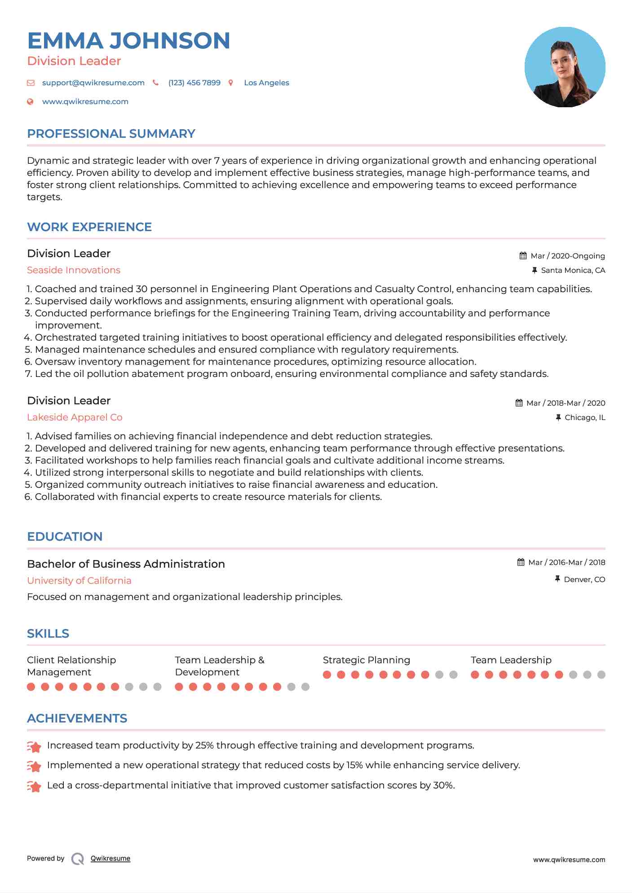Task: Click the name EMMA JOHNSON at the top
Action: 128,40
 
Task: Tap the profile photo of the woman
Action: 565,67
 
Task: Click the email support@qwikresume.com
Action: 93,83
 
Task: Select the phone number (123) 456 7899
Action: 194,83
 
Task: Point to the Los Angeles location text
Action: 266,83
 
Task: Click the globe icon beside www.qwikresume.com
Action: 31,102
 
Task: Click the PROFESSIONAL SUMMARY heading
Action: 111,134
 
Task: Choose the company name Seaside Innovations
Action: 74,270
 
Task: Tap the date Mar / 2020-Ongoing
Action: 567,256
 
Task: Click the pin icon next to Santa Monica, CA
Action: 535,270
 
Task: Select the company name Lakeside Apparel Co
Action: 75,417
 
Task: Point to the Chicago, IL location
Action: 585,417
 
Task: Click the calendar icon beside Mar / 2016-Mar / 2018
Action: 521,562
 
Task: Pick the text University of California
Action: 79,581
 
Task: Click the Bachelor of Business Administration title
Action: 126,564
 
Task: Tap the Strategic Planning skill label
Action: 366,660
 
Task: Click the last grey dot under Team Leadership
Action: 601,674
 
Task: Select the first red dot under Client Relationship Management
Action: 31,687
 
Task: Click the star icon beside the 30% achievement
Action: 34,786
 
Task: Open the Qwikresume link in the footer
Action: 110,858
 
